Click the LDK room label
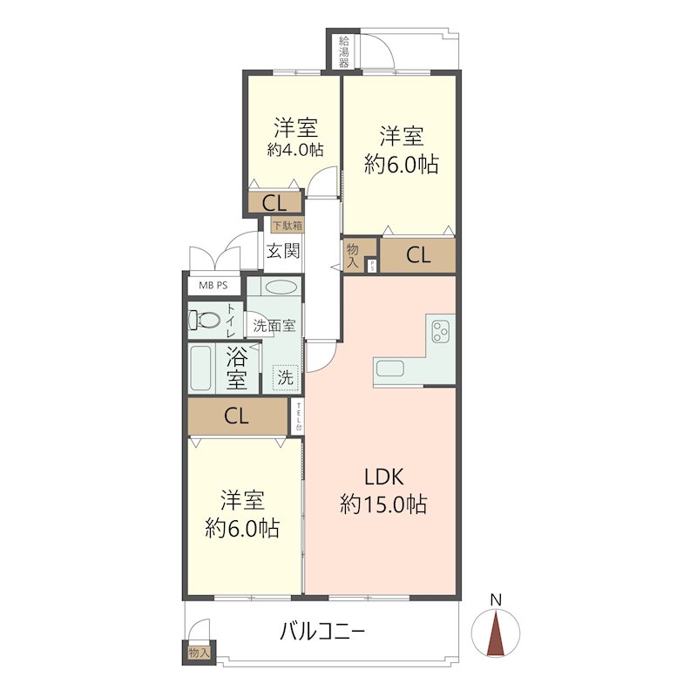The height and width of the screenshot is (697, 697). click(384, 477)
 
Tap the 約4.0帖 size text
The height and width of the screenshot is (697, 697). click(294, 150)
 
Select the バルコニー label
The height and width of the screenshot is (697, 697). click(322, 631)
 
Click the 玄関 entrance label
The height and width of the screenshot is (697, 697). click(283, 251)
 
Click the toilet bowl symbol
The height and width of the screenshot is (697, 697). click(205, 320)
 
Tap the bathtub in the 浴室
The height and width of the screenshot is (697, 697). click(200, 368)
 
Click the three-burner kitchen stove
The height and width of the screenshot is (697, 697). click(441, 332)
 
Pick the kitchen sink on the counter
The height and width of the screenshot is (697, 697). click(390, 369)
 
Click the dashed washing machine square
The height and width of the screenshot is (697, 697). click(286, 378)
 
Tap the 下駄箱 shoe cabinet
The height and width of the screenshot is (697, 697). click(288, 226)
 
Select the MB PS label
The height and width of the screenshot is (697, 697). click(213, 286)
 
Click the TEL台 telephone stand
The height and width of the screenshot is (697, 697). click(298, 416)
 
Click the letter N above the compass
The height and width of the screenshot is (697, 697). click(496, 599)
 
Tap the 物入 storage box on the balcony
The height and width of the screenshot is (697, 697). click(199, 653)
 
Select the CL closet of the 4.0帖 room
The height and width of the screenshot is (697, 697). click(274, 204)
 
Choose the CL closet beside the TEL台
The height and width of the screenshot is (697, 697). click(237, 416)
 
